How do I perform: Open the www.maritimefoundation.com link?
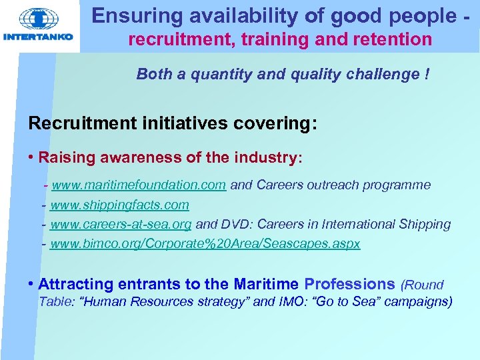point(139,185)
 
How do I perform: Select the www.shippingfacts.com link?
point(119,205)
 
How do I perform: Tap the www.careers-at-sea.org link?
point(121,225)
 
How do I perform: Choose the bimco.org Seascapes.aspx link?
point(205,244)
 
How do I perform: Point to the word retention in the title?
point(393,40)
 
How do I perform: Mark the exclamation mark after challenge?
point(426,74)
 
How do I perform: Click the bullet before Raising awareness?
point(31,158)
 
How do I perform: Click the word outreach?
point(327,185)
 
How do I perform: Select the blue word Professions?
point(349,284)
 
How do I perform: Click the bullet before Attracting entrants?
point(31,284)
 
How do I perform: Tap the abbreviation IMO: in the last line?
point(297,302)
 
